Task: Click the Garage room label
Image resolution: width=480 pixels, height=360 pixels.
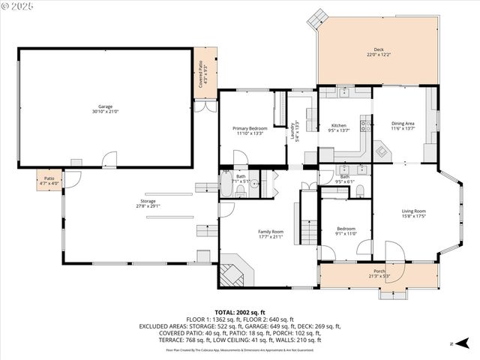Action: [x=105, y=108]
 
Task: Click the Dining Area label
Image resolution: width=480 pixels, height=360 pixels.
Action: [x=403, y=125]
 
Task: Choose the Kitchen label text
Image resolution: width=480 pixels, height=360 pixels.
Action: [x=339, y=127]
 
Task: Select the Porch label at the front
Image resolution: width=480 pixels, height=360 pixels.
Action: [x=379, y=273]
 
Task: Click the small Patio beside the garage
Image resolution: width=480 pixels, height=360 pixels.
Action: [x=49, y=180]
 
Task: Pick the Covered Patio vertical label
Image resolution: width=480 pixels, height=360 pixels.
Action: [x=202, y=73]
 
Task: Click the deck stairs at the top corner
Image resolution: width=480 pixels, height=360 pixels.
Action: [x=320, y=16]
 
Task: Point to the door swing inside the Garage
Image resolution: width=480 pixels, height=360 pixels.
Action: [x=109, y=160]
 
